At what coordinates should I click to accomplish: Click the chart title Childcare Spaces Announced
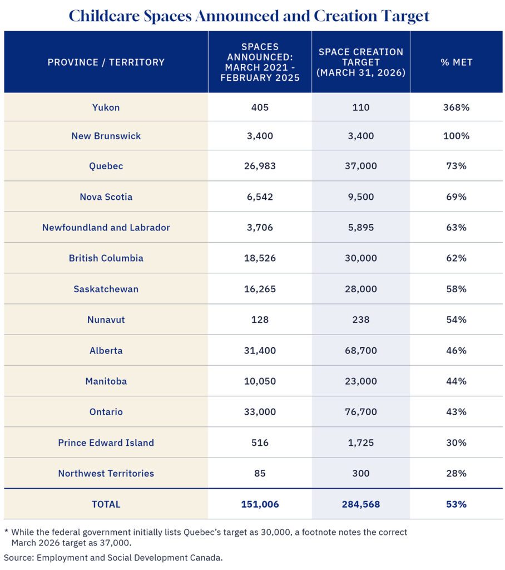(249, 16)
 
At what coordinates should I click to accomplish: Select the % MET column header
(456, 62)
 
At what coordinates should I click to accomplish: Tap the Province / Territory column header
(106, 62)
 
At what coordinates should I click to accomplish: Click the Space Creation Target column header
(360, 62)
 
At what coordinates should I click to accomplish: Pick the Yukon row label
(106, 107)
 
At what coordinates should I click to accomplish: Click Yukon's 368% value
(456, 107)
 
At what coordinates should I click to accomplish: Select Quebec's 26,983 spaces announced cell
(260, 166)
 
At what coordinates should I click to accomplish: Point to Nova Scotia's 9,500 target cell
(360, 197)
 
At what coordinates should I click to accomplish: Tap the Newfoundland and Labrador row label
(106, 228)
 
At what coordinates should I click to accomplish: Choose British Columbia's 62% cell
(456, 258)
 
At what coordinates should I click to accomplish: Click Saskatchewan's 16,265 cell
(260, 289)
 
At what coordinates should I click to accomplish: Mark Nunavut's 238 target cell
(360, 320)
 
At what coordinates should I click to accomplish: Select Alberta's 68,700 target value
(360, 351)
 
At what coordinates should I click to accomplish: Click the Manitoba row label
(106, 381)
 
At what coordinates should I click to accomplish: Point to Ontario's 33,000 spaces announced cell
(260, 412)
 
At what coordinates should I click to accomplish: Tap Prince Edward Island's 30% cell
(456, 443)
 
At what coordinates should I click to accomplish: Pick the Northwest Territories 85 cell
(260, 473)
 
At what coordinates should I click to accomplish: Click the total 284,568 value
(360, 504)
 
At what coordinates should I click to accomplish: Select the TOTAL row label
(106, 504)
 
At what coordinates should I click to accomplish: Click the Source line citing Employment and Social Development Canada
(113, 557)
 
